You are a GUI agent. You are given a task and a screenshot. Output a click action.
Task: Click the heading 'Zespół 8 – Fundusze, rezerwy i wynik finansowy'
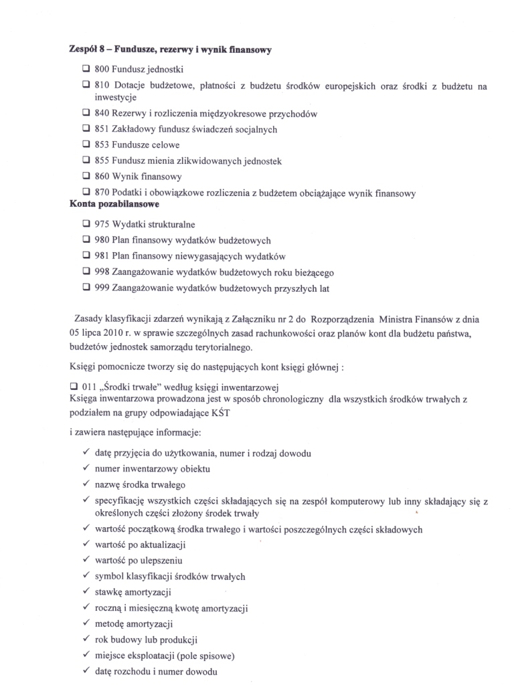[170, 50]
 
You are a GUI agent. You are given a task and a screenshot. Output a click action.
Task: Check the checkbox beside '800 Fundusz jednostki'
[86, 69]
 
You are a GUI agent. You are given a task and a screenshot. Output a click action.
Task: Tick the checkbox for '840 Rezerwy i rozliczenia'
[86, 114]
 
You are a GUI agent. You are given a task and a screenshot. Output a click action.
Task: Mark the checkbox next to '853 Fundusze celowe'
[86, 144]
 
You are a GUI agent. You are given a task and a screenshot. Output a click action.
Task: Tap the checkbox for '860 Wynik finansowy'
[86, 177]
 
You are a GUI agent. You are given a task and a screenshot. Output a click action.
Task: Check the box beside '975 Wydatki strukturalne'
[86, 224]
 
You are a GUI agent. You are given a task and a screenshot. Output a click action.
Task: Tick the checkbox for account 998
[86, 272]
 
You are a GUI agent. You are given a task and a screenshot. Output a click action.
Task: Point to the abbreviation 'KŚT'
[238, 413]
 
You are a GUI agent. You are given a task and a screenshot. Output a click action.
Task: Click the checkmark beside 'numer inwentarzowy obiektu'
[86, 468]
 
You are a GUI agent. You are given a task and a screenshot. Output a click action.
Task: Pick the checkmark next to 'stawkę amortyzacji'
[86, 592]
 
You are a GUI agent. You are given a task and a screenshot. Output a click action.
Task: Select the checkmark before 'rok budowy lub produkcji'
[86, 639]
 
